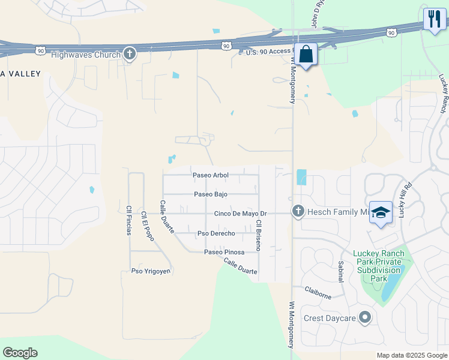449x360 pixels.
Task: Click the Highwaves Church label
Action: pyautogui.click(x=86, y=54)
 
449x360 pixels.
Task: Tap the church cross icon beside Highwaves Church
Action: pyautogui.click(x=129, y=54)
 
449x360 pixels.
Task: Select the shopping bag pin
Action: pyautogui.click(x=306, y=55)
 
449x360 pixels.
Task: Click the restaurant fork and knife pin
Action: pyautogui.click(x=435, y=18)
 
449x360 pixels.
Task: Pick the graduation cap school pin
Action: pyautogui.click(x=381, y=213)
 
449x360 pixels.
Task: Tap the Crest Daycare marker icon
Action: pyautogui.click(x=365, y=318)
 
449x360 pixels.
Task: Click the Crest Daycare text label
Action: pyautogui.click(x=330, y=318)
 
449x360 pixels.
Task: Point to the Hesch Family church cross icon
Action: pyautogui.click(x=298, y=211)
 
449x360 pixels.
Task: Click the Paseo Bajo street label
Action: pyautogui.click(x=210, y=194)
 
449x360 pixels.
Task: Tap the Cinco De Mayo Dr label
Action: pyautogui.click(x=241, y=214)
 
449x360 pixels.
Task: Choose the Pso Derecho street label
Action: pyautogui.click(x=216, y=233)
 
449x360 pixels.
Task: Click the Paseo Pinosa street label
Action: pyautogui.click(x=224, y=252)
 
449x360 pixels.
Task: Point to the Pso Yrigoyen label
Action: pyautogui.click(x=151, y=271)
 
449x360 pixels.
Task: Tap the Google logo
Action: pyautogui.click(x=20, y=353)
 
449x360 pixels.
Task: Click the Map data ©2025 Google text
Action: pyautogui.click(x=411, y=355)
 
